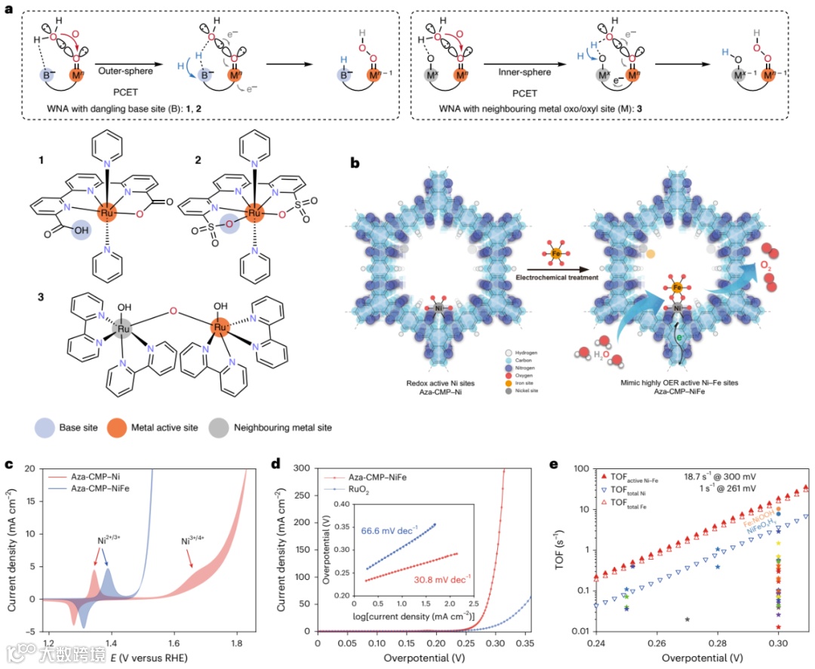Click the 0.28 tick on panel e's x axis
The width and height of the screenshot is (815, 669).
717,645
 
